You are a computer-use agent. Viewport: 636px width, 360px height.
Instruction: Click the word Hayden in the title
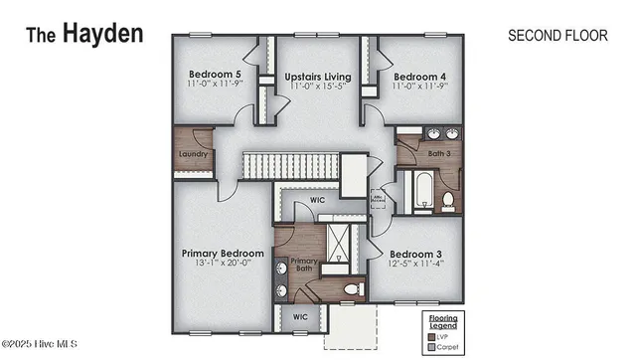click(103, 33)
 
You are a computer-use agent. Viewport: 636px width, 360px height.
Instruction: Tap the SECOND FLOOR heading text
click(556, 35)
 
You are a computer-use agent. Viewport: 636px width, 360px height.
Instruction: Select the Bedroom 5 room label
click(215, 76)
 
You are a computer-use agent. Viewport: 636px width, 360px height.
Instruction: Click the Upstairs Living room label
click(316, 76)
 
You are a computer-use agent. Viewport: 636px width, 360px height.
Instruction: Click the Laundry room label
click(193, 154)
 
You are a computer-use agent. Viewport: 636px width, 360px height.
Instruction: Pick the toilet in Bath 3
click(448, 201)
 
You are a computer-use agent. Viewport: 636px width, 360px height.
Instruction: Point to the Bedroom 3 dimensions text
click(415, 264)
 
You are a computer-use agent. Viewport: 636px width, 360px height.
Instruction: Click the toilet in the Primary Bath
click(351, 289)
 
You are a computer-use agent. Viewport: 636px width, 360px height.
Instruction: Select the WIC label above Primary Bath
click(317, 199)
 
